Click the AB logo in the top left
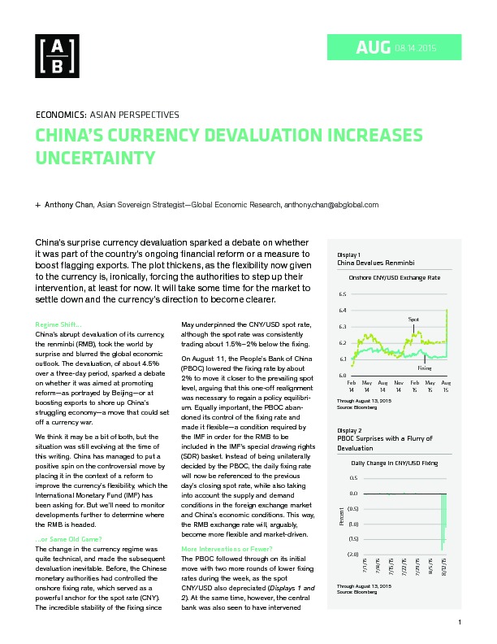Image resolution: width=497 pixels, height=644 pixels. (x=57, y=56)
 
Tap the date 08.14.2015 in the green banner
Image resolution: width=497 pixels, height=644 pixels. (x=416, y=48)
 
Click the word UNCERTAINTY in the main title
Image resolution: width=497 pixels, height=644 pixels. (x=96, y=158)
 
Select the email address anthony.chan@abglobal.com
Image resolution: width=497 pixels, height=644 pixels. (x=331, y=205)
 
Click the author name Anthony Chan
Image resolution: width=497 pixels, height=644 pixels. (x=69, y=205)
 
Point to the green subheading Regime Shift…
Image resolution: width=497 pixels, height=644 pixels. (x=58, y=324)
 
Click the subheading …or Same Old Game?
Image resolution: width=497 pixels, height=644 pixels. (x=68, y=539)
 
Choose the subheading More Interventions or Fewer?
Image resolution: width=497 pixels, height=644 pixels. (x=227, y=549)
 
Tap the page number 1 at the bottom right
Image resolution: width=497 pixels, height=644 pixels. (x=460, y=622)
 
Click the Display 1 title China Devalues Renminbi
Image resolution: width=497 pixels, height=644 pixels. (x=376, y=263)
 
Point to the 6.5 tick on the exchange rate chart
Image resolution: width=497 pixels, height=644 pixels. (x=343, y=294)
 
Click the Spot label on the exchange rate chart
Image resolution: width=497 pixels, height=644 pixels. (x=413, y=319)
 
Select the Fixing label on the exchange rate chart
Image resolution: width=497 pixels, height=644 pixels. (x=425, y=368)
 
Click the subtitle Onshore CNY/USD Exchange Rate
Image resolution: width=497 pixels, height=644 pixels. (x=395, y=277)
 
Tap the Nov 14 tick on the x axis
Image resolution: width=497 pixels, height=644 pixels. (x=399, y=386)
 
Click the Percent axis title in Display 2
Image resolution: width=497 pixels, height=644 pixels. (x=341, y=516)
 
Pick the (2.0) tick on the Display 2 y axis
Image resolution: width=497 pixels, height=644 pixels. (x=353, y=554)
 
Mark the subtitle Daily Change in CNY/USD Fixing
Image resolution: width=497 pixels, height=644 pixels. (x=395, y=463)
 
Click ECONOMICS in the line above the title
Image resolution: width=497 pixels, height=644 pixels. (x=61, y=115)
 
